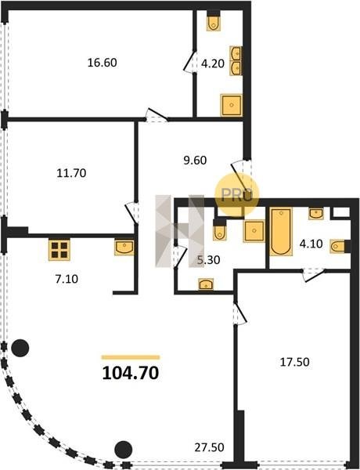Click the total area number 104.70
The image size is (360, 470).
point(131,373)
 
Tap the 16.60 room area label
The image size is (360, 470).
point(102,63)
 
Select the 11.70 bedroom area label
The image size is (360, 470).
point(71,173)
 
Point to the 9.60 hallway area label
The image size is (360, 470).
point(195,160)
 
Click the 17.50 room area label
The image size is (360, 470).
point(295,362)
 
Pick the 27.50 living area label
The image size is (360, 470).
point(210,447)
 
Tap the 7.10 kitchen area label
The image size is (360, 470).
point(67,279)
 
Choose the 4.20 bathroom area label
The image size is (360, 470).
point(213,63)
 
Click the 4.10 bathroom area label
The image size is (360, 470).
point(311,244)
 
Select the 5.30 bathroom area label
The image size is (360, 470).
point(209,260)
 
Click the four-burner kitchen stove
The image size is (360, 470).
point(59,250)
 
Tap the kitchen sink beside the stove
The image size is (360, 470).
point(124,248)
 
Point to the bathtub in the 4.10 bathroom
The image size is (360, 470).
point(281,232)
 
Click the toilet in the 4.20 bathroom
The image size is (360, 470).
point(213,23)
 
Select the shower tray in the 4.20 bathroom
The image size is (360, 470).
point(231,105)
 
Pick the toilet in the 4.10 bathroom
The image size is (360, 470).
point(338,246)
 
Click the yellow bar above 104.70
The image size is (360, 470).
point(131,357)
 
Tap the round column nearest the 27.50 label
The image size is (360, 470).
point(124,450)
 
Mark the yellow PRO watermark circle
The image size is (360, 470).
point(237,195)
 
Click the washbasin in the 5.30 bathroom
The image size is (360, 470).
point(206,284)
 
